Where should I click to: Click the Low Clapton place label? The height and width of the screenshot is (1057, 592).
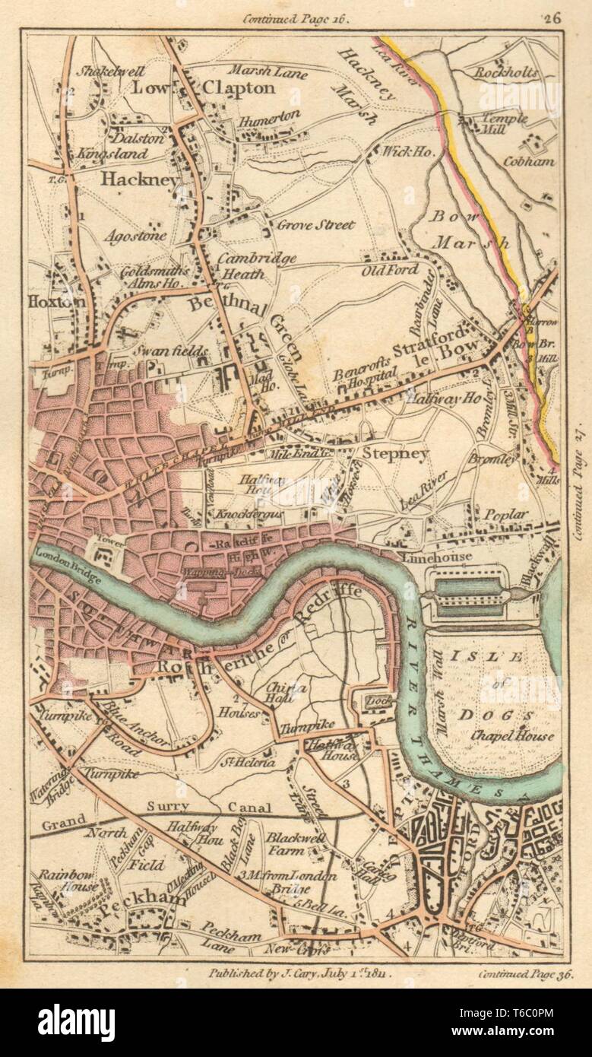coord(204,88)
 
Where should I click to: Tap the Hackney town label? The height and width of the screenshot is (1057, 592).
coord(139,179)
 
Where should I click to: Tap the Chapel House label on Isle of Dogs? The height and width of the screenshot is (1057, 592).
coord(512,736)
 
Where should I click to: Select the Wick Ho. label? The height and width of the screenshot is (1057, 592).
coord(410,152)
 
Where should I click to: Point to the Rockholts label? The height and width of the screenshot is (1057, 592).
coord(506,74)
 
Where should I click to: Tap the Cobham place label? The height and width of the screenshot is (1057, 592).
coord(529,161)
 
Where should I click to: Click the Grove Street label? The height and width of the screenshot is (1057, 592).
coord(315,225)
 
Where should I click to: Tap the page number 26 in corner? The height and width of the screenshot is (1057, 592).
coord(552,20)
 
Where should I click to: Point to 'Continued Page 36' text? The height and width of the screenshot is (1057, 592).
coord(526,973)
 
